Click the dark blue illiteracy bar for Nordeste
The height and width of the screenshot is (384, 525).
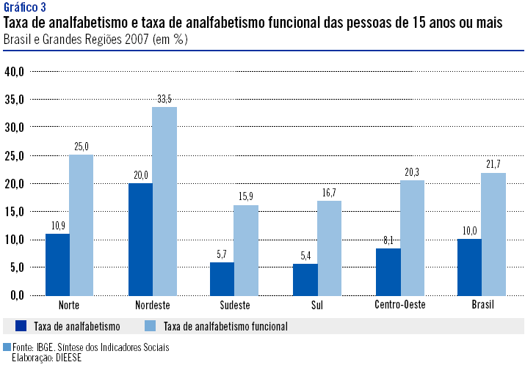coord(140,239)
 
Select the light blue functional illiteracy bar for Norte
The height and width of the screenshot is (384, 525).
coord(82,224)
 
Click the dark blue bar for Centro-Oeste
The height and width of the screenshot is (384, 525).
coord(388,271)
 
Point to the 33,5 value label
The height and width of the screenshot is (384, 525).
coord(164,98)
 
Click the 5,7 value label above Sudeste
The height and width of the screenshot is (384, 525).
coord(221,254)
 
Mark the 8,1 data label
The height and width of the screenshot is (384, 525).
coord(388,240)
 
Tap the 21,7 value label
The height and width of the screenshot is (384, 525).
coord(493,164)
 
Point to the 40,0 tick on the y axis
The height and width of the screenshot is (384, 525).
coord(15,71)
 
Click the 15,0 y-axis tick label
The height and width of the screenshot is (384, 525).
coord(15,211)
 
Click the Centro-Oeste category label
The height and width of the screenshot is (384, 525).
coord(399,305)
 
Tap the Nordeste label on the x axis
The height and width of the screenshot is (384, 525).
coord(153,305)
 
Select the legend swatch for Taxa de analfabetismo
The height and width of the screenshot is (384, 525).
coord(21,325)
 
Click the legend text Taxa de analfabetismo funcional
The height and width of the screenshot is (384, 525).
coord(225,325)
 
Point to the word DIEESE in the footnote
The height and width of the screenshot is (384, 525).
coord(68,358)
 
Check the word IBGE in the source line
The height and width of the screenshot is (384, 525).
coord(46,347)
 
